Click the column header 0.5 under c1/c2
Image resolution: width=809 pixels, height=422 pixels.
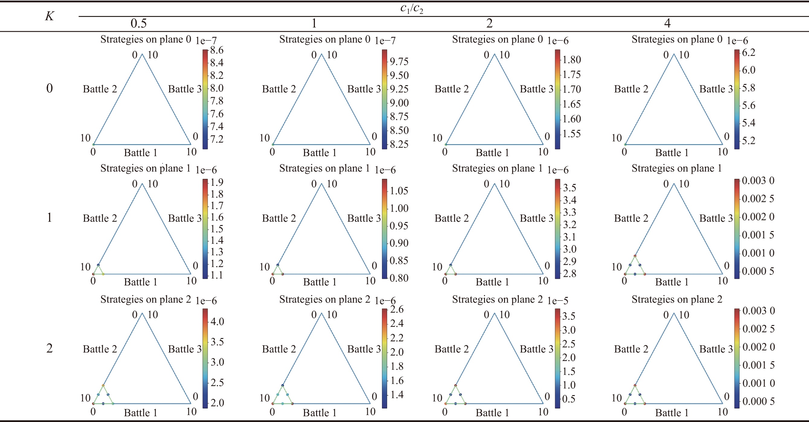[138, 24]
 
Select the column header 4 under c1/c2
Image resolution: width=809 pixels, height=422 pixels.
[667, 24]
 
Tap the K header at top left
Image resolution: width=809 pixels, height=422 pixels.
[49, 16]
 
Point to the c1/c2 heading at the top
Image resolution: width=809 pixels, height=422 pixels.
[411, 8]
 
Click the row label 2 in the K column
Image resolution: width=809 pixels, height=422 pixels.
[49, 348]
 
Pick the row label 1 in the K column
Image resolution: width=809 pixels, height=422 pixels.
[49, 217]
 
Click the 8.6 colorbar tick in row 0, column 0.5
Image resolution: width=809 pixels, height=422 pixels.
[217, 50]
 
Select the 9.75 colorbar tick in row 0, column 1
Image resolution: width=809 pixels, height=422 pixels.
[399, 62]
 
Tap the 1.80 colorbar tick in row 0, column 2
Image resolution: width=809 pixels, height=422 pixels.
[571, 60]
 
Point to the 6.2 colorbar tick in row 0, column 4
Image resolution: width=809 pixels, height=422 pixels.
[748, 53]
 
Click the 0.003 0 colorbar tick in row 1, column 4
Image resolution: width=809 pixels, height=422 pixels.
[758, 181]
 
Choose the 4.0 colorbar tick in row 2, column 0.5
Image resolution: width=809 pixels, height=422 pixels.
[217, 321]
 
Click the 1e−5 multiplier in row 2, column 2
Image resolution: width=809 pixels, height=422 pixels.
[558, 301]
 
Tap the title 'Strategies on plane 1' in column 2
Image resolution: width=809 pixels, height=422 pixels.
[497, 168]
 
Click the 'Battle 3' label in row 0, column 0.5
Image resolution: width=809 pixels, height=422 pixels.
[185, 89]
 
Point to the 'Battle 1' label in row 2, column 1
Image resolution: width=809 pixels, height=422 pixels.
[320, 413]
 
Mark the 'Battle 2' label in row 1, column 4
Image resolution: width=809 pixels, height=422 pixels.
[631, 218]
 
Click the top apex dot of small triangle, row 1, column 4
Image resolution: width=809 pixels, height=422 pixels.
[635, 256]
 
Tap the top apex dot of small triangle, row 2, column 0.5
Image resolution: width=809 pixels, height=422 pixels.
[103, 385]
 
